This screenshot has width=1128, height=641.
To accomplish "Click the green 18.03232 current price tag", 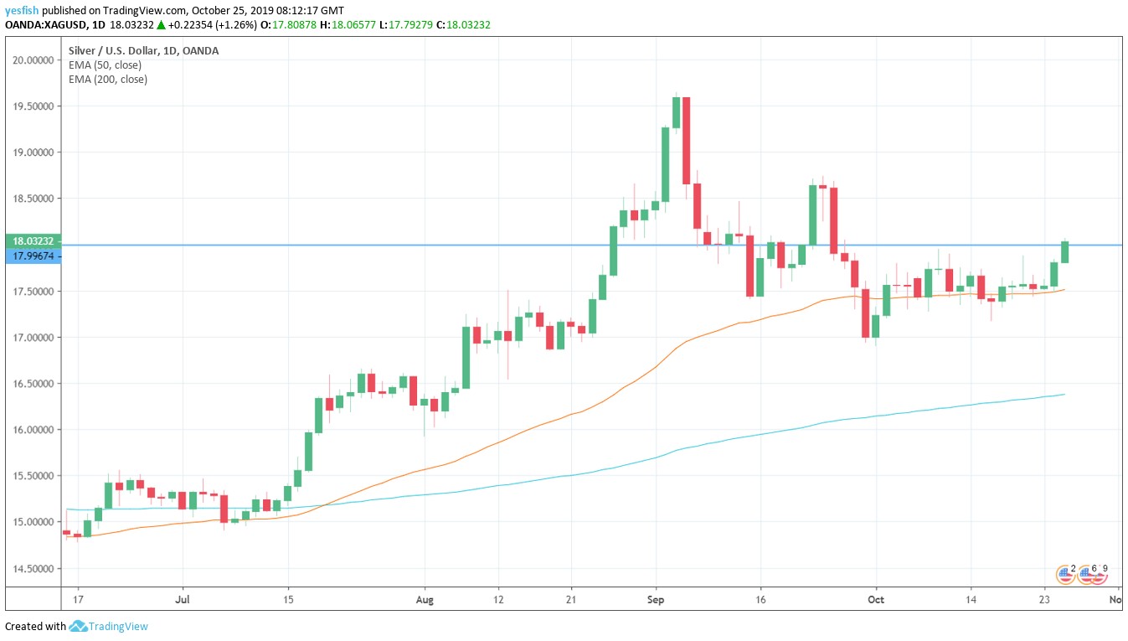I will point(31,240).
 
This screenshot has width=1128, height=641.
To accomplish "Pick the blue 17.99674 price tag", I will point(31,256).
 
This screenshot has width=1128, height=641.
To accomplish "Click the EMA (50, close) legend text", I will point(105,65).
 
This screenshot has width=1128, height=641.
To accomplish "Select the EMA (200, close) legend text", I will point(107,80).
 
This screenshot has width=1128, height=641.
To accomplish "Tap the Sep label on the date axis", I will point(656,600).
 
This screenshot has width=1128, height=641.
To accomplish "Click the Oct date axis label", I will point(876,600).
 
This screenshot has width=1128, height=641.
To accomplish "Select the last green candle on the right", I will point(1064,251).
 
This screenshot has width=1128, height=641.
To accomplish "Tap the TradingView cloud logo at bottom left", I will point(79,626).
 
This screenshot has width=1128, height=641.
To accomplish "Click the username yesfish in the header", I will point(22,10).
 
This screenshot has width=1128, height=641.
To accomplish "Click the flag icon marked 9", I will point(1098,575).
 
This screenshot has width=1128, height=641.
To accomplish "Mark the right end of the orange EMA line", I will point(1064,290).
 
